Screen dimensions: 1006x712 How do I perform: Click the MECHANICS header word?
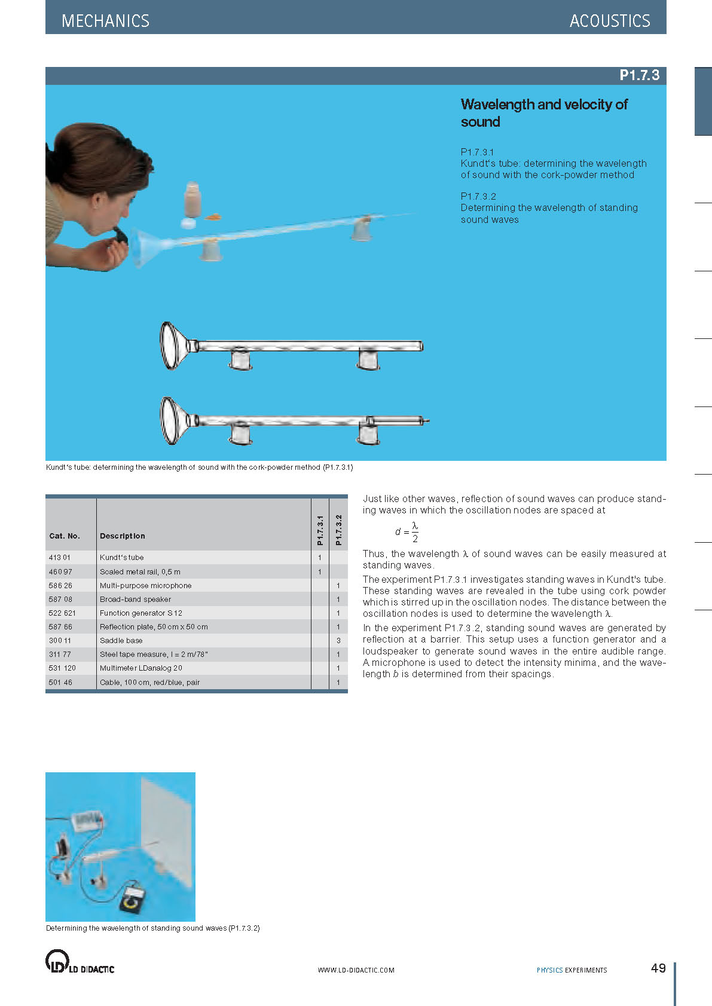click(x=105, y=21)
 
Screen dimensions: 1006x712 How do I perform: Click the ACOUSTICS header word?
click(x=609, y=21)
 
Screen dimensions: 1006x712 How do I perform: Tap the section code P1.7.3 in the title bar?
click(x=639, y=75)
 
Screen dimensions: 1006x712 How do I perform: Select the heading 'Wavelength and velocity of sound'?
click(x=543, y=113)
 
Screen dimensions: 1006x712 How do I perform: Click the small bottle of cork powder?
click(x=193, y=200)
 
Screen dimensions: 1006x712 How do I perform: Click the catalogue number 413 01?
click(x=60, y=558)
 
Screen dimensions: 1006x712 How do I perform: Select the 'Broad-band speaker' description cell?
click(x=135, y=599)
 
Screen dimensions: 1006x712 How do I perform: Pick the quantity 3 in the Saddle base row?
click(x=338, y=640)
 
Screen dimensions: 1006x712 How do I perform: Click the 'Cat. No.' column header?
click(x=65, y=536)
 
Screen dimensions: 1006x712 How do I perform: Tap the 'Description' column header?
click(x=122, y=536)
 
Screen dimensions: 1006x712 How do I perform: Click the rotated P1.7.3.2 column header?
click(x=338, y=530)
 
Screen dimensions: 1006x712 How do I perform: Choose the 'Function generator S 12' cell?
click(x=141, y=613)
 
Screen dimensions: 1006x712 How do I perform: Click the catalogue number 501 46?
click(x=60, y=682)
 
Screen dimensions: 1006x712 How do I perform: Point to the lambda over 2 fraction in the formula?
click(x=415, y=532)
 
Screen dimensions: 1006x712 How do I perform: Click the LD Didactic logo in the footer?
click(x=80, y=962)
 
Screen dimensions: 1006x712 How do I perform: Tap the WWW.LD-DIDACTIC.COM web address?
click(x=356, y=970)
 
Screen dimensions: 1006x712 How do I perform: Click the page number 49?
click(x=658, y=968)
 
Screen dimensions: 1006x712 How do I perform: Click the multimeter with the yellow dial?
click(x=132, y=897)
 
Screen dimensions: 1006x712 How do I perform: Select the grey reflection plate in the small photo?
click(x=166, y=826)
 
